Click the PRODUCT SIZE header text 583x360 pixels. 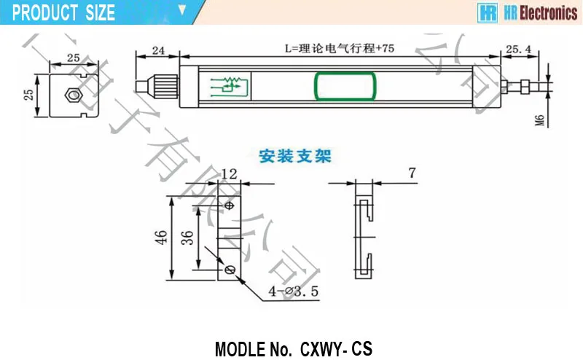click(x=64, y=12)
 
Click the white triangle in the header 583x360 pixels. click(x=182, y=11)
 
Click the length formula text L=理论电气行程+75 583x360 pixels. click(x=340, y=49)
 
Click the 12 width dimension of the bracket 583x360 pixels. click(x=230, y=173)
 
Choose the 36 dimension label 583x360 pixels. click(x=186, y=238)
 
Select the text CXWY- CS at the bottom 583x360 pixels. click(x=336, y=348)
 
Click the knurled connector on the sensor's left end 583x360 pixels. click(x=163, y=83)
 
